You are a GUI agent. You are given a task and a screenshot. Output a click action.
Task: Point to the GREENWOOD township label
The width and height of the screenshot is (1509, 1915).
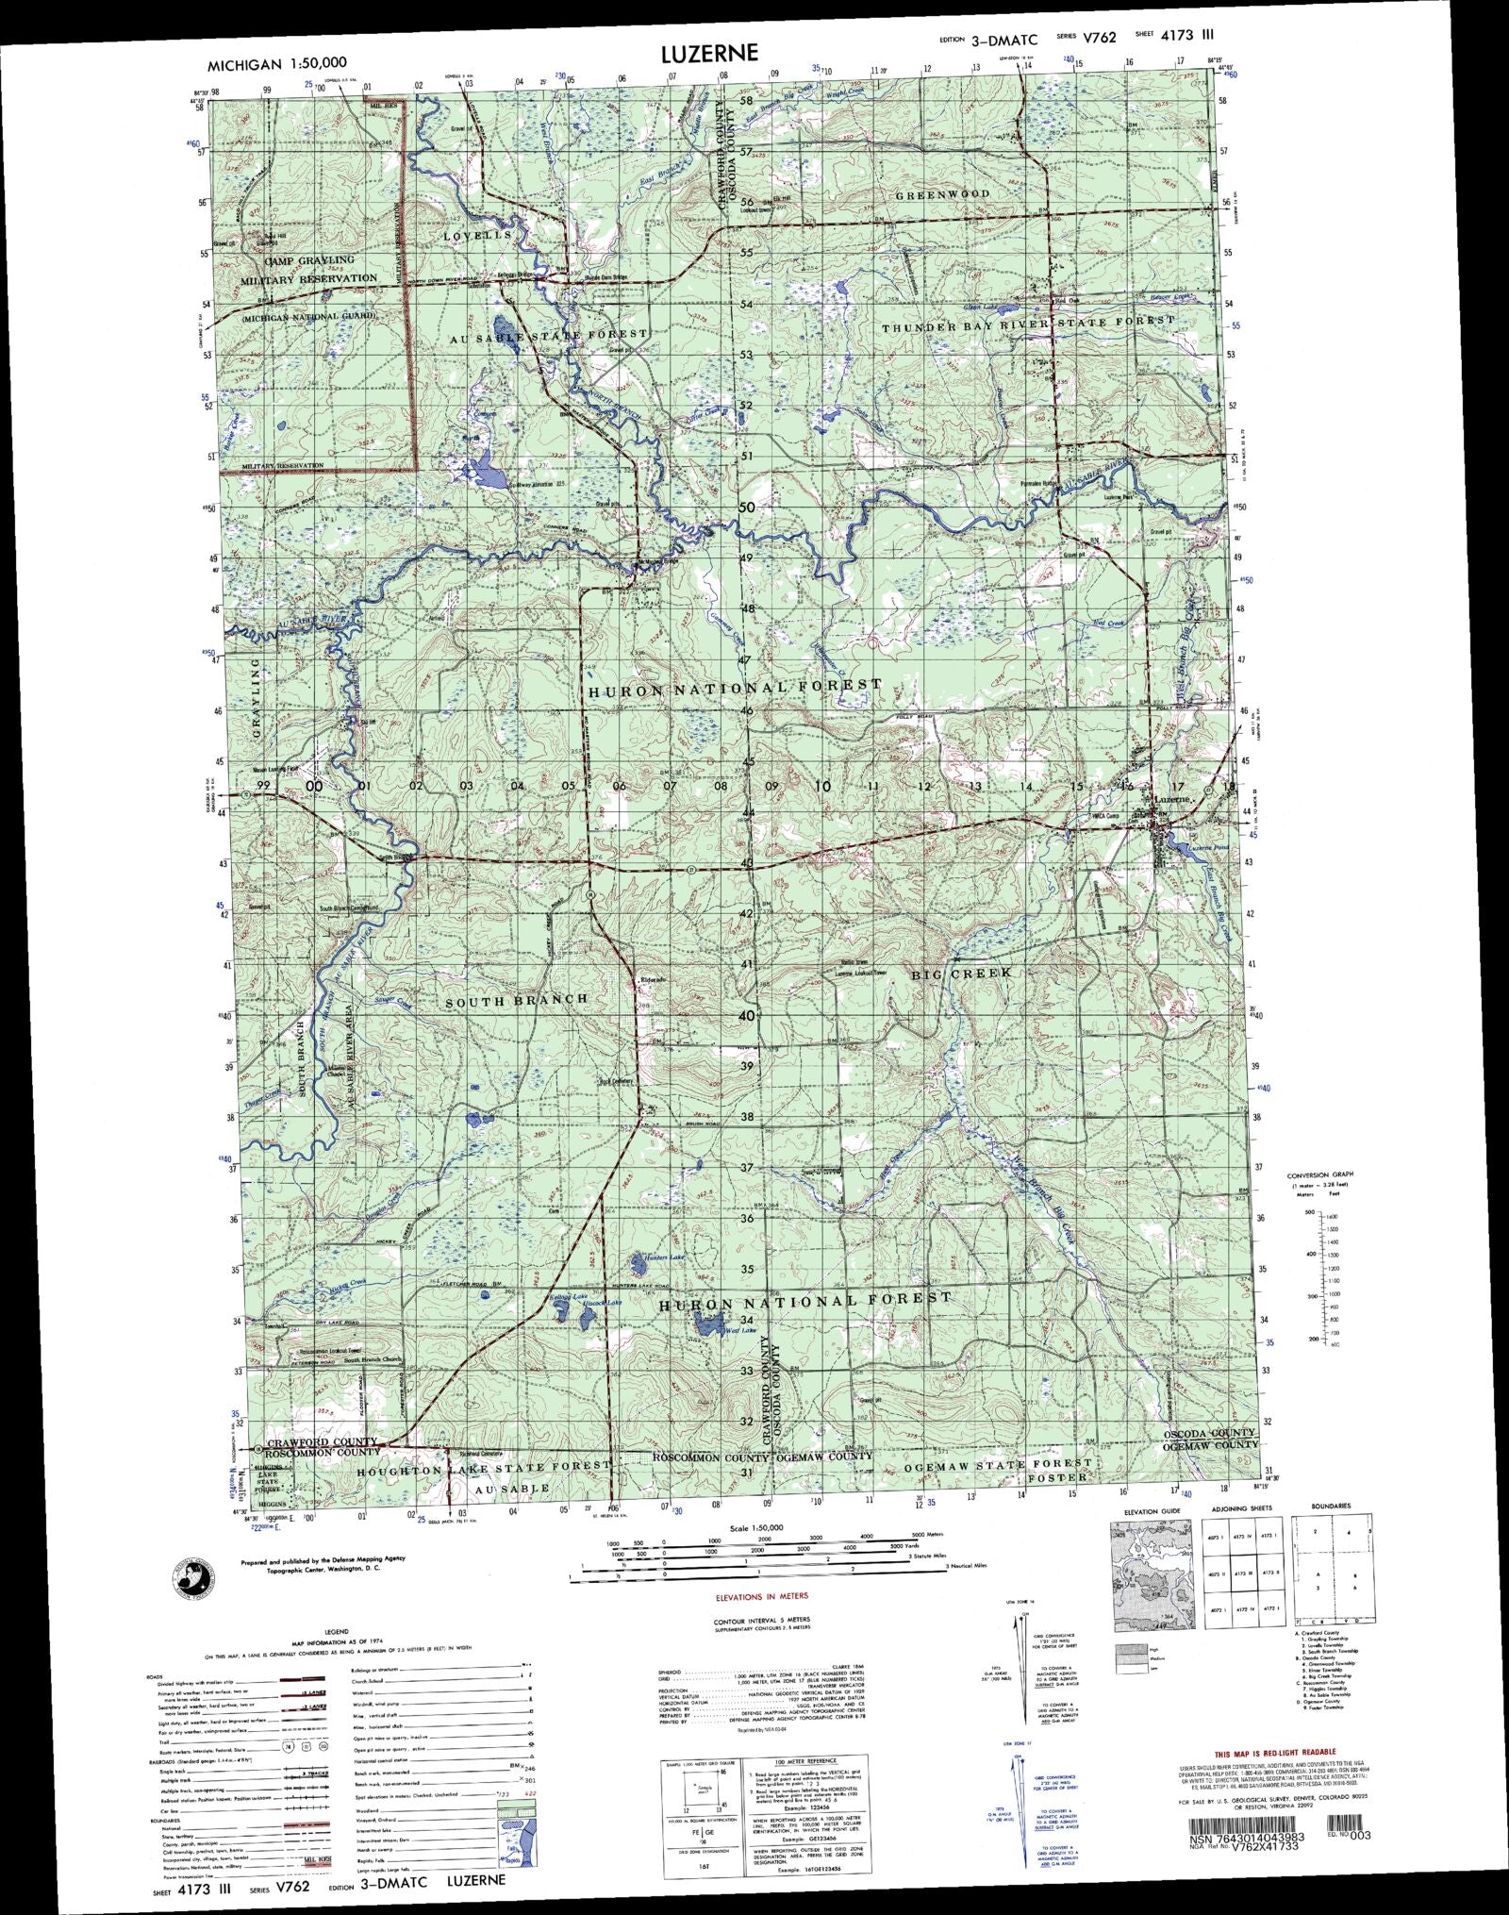click(x=942, y=194)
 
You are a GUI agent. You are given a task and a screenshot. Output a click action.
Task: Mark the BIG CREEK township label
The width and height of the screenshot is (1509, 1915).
click(x=961, y=972)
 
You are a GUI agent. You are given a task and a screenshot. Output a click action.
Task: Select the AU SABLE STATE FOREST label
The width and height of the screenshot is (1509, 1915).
click(x=549, y=335)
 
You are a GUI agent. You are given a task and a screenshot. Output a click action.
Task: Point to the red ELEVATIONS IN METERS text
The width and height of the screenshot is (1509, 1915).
click(x=762, y=1596)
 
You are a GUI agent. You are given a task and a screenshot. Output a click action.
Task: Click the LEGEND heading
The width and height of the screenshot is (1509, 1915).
click(x=337, y=1631)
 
